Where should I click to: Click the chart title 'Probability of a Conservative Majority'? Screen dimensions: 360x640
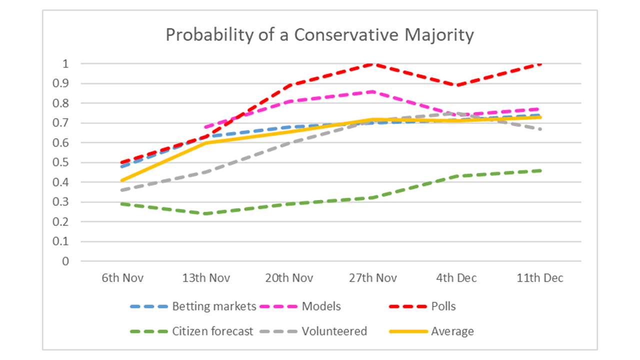[x=319, y=35]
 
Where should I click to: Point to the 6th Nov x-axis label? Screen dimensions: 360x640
[x=122, y=278]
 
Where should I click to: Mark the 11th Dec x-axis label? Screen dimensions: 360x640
[x=539, y=278]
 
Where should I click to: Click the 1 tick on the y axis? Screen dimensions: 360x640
[x=65, y=64]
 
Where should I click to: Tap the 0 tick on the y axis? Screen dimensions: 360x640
[x=65, y=261]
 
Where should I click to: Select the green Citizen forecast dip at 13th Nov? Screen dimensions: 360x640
[x=205, y=213]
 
